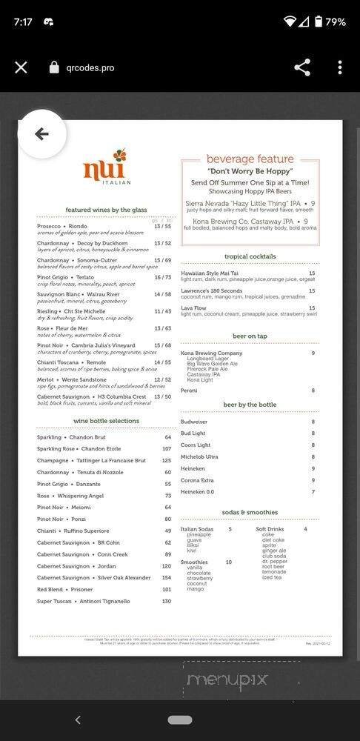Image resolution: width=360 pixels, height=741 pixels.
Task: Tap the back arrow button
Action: click(x=41, y=134)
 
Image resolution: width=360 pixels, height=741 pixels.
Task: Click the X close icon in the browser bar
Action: click(x=21, y=67)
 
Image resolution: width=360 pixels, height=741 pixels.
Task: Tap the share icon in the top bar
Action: click(x=302, y=67)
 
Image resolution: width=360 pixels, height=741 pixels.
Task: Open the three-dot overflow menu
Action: click(x=340, y=67)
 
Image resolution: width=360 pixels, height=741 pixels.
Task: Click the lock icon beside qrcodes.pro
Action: click(x=53, y=67)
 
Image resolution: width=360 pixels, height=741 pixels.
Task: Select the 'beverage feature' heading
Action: click(x=250, y=159)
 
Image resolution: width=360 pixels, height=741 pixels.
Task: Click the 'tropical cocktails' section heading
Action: click(x=250, y=256)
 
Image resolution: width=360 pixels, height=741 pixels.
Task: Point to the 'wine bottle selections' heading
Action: click(x=106, y=421)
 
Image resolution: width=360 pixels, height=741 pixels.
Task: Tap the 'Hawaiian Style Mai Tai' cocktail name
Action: click(x=213, y=273)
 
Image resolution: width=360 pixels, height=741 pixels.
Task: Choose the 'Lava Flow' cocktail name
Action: click(x=194, y=308)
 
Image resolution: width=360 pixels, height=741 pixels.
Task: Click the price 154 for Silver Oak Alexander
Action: click(x=166, y=577)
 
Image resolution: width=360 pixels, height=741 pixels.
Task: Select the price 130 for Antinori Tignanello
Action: click(x=166, y=601)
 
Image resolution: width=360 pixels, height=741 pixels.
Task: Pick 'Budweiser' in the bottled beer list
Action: click(x=194, y=422)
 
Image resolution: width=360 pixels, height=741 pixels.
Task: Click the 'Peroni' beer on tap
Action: click(x=189, y=391)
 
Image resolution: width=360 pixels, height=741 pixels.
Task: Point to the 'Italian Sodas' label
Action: click(x=197, y=529)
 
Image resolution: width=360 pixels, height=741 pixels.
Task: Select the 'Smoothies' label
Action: click(x=194, y=562)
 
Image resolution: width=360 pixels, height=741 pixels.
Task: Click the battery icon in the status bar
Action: click(x=319, y=21)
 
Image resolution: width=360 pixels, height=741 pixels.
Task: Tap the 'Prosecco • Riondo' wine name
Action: click(x=62, y=226)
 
